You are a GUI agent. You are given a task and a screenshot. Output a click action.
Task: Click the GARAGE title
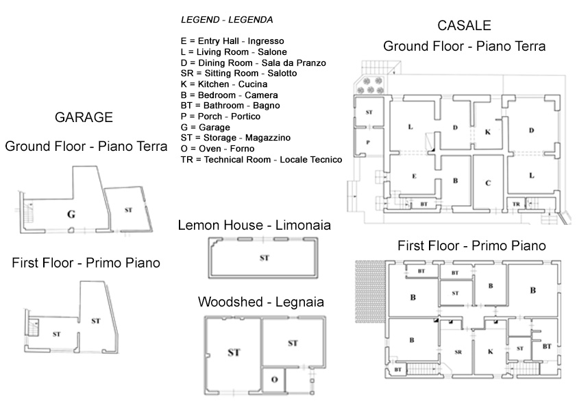coord(83,117)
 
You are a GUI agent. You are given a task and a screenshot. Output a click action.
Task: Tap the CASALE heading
coord(464,26)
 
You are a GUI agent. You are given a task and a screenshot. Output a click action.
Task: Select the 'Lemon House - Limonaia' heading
coord(264,225)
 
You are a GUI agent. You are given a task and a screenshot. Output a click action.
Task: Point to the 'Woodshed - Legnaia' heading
coord(261,302)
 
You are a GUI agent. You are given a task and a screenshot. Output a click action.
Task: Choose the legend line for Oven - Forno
coord(212,149)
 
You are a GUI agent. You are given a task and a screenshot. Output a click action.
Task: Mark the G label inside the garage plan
coord(71,214)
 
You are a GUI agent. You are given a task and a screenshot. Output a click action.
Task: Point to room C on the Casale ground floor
coord(488,183)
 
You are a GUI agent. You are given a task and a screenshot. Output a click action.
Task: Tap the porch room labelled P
coord(368,142)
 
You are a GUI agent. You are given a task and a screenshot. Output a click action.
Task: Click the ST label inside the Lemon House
coord(263,258)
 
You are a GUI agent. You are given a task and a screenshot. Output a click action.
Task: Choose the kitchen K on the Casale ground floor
coord(488,132)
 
